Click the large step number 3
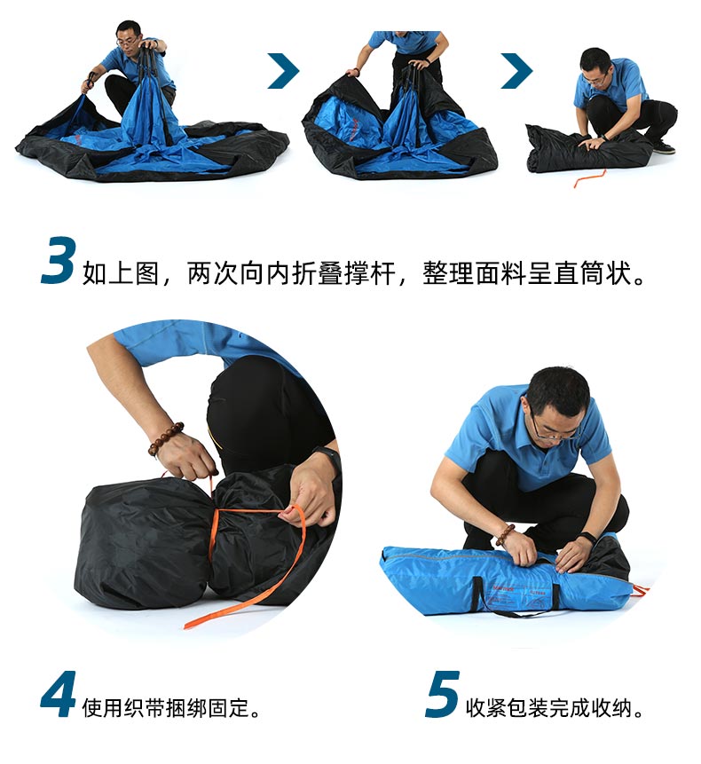click(x=59, y=261)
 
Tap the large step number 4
click(x=58, y=694)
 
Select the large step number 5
click(x=442, y=694)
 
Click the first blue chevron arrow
click(x=284, y=71)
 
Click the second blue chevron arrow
click(x=516, y=71)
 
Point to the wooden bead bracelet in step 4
click(x=166, y=438)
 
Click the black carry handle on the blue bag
click(x=516, y=598)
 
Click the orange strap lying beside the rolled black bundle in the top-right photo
click(x=589, y=178)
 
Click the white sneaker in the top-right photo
click(x=664, y=146)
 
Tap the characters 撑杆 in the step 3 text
click(x=370, y=273)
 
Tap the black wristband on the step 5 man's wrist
click(x=588, y=538)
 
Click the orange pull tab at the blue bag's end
click(x=641, y=590)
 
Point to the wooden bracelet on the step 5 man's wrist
click(x=505, y=534)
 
